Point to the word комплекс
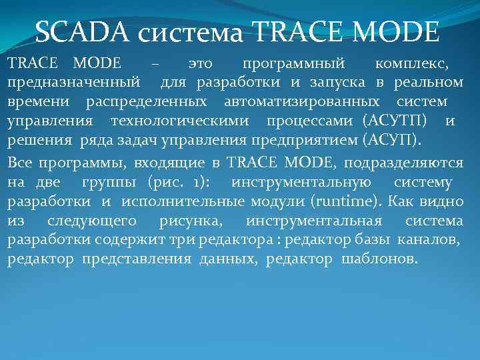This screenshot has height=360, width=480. click(411, 64)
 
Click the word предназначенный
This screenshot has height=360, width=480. click(73, 83)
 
